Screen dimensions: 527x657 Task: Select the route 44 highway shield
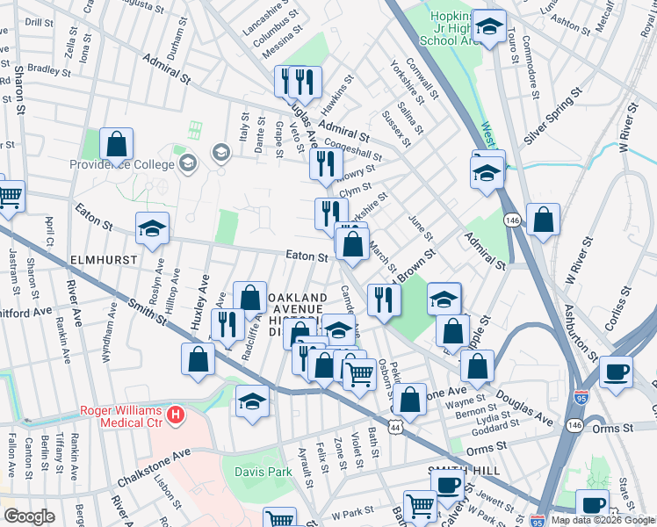coord(397,427)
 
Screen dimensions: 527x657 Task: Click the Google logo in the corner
coord(29,516)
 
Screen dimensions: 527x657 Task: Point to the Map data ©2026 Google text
coord(603,520)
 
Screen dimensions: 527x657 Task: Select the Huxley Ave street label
coord(199,299)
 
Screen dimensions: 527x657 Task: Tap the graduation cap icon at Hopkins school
coord(487,25)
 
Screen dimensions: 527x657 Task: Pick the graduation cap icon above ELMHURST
coord(152,229)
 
